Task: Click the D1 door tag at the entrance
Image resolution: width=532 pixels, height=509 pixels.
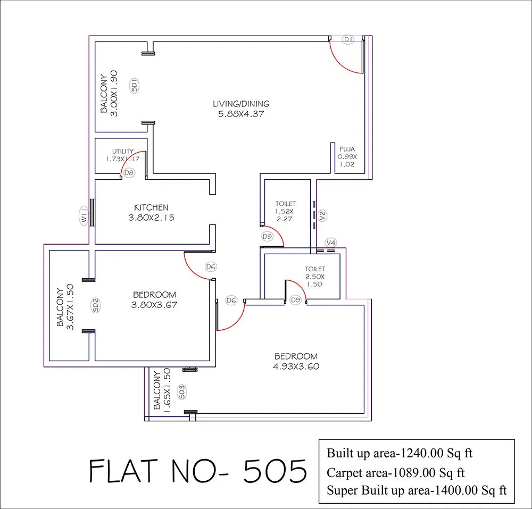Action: coord(348,40)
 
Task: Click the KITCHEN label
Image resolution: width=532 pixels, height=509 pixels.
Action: coord(151,207)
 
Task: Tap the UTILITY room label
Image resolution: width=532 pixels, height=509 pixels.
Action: coord(122,152)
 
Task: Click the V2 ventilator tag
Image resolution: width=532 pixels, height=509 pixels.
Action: coord(322,215)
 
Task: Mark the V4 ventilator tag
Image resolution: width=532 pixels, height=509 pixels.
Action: coord(330,243)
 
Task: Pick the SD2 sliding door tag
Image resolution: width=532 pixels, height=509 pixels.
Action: coord(96,305)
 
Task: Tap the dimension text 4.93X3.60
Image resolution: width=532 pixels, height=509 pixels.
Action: coord(296,366)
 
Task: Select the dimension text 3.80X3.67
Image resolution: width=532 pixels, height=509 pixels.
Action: coord(154,305)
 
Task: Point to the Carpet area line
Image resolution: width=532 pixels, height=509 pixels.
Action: coord(396,472)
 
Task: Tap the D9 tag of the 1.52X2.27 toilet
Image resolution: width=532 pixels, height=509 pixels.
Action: coord(267,236)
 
